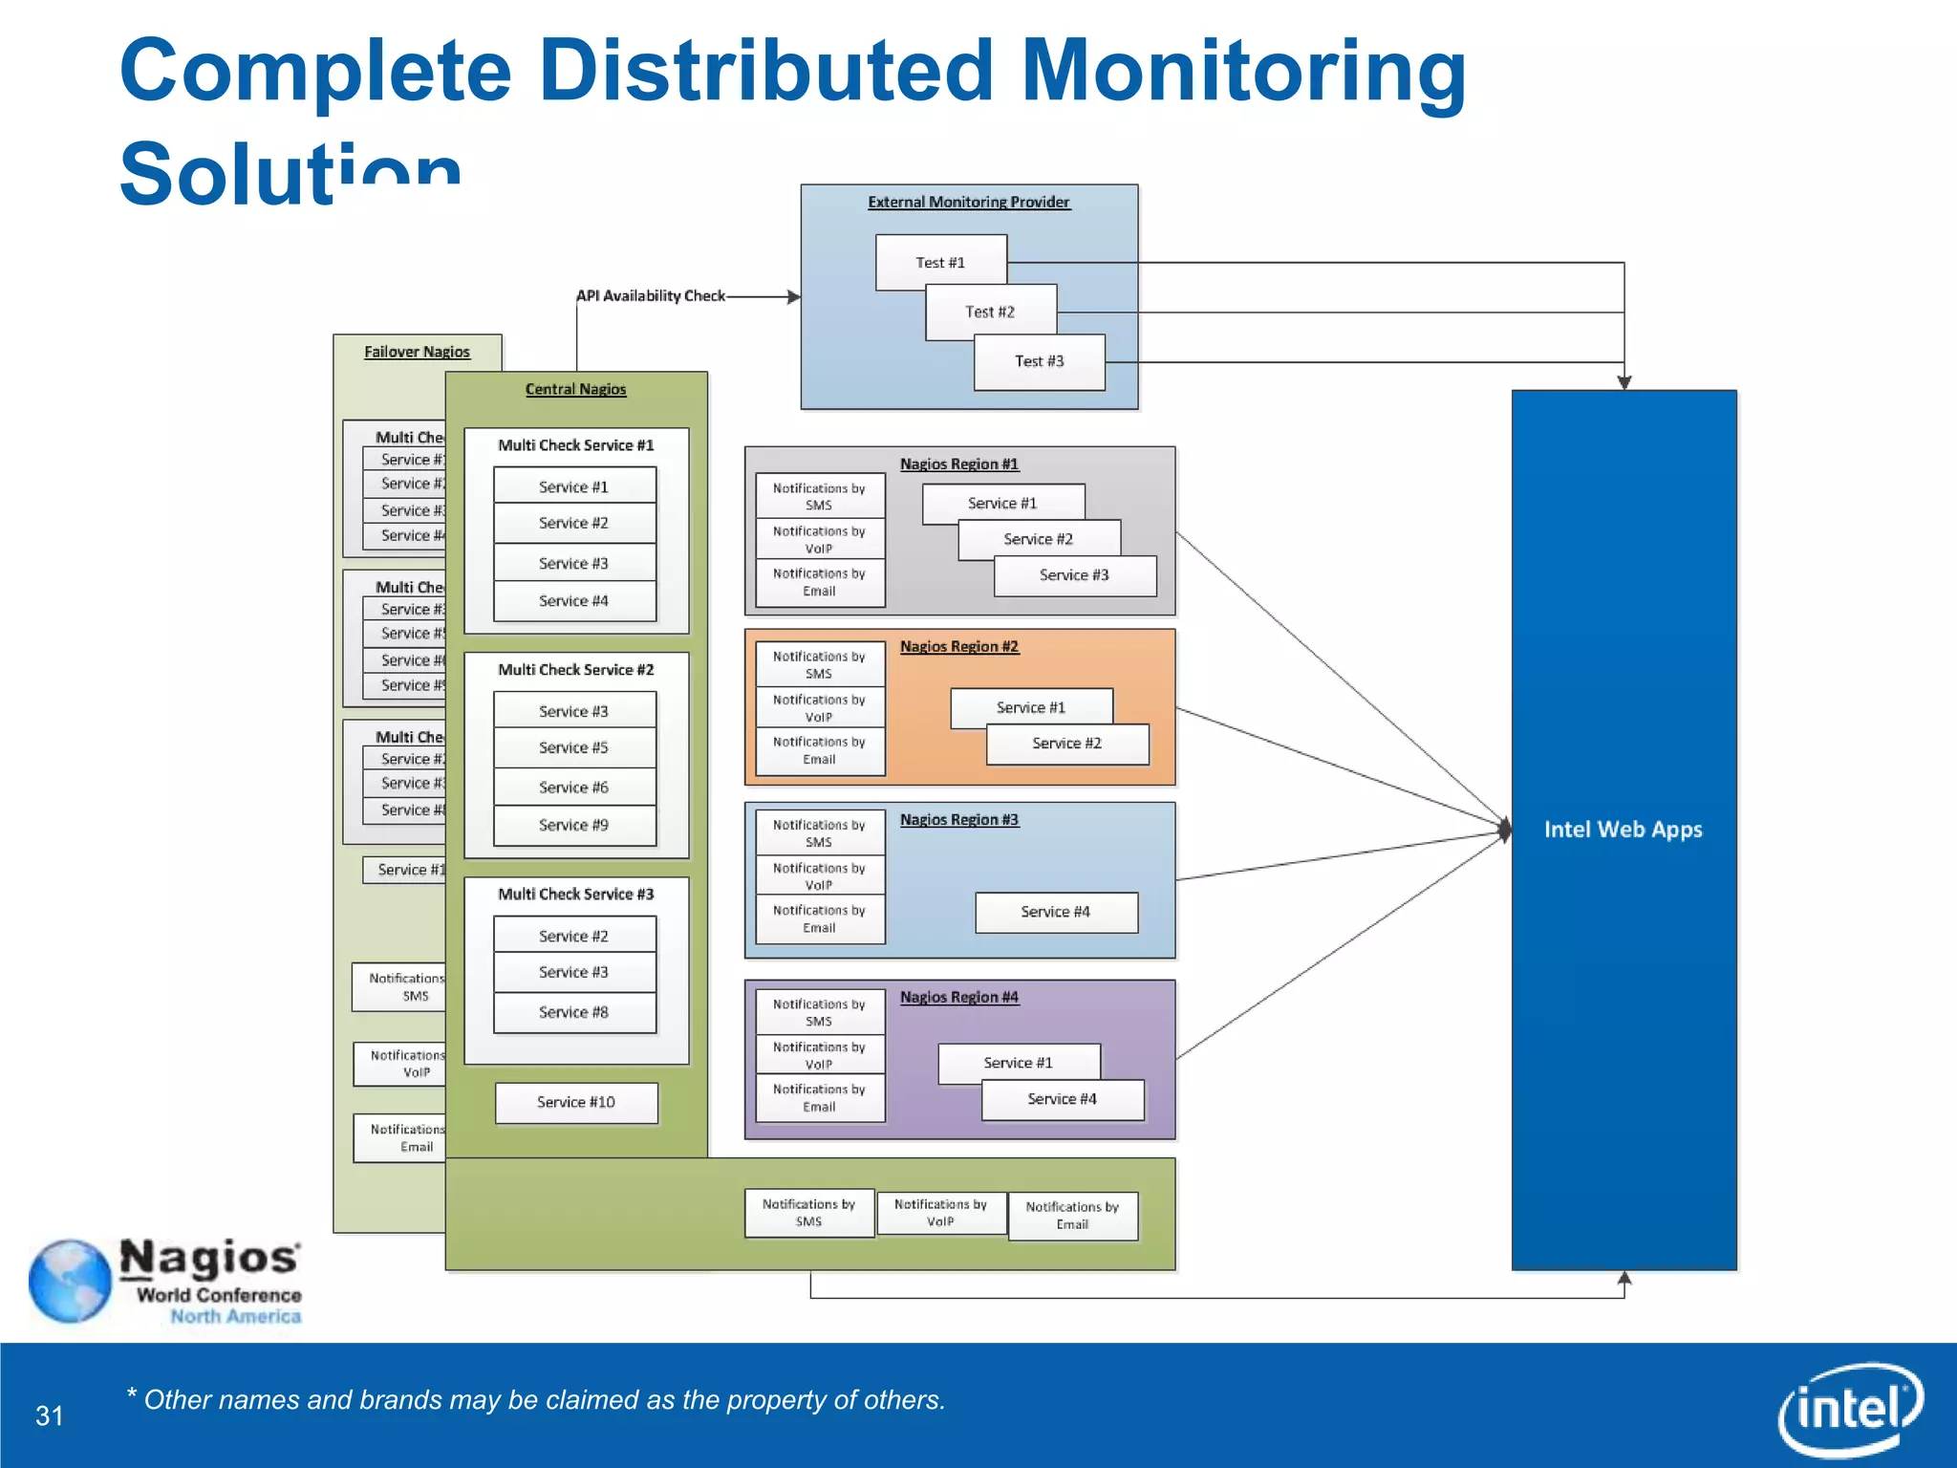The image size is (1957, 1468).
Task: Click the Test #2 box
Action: tap(991, 312)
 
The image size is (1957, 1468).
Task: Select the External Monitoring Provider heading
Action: tap(968, 202)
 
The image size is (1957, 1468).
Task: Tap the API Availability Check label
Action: tap(651, 296)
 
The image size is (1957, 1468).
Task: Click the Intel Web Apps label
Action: tap(1623, 830)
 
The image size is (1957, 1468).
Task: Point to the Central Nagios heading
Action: tap(575, 389)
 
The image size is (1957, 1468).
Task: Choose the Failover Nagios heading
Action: tap(417, 352)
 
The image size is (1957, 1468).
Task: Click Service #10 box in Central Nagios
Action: tap(576, 1102)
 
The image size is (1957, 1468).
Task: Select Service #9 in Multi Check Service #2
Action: tap(574, 825)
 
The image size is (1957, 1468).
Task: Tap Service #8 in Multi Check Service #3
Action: tap(574, 1012)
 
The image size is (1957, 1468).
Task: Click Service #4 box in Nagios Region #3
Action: tap(1056, 912)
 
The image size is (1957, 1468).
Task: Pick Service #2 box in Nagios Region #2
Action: tap(1067, 744)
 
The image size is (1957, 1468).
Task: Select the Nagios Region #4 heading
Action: tap(958, 997)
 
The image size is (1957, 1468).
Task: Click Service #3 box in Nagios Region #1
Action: tap(1075, 575)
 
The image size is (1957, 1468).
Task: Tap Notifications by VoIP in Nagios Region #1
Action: tap(819, 539)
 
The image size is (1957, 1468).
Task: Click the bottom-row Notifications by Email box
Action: tap(1072, 1215)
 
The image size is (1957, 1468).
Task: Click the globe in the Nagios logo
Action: tap(70, 1281)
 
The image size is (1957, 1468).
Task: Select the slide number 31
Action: tap(50, 1415)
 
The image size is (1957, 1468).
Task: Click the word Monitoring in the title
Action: tap(1243, 71)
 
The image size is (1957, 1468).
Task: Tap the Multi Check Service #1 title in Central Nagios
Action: tap(575, 445)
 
